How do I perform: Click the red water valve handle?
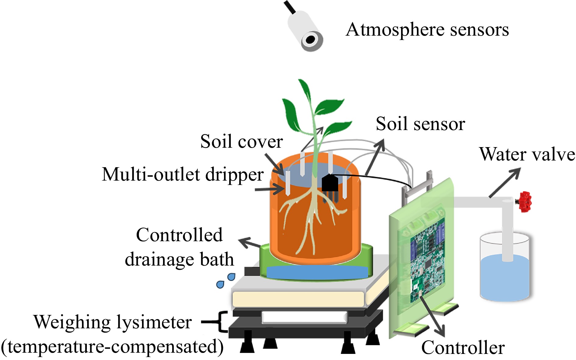pyautogui.click(x=525, y=202)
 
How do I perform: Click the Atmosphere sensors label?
pyautogui.click(x=427, y=30)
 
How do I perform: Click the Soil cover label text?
pyautogui.click(x=241, y=142)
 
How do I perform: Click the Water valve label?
pyautogui.click(x=527, y=154)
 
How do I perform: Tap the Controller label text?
pyautogui.click(x=463, y=348)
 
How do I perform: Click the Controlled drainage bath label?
pyautogui.click(x=179, y=247)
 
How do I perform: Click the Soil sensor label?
pyautogui.click(x=420, y=124)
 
